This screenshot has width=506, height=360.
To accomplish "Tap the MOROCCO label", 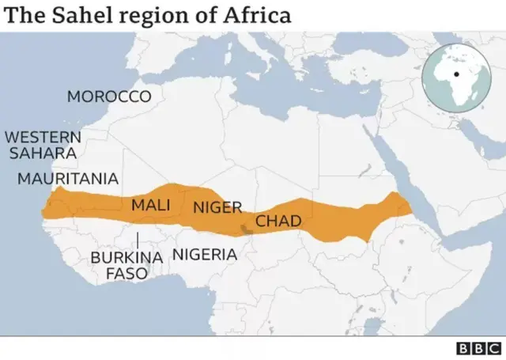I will (108, 97).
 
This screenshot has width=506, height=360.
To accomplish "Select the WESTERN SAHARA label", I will (41, 144).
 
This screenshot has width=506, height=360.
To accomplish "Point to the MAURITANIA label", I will (68, 179).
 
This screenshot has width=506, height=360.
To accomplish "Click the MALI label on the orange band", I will (150, 205).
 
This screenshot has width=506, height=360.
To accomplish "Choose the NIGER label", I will (217, 207).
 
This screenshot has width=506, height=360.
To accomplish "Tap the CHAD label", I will (278, 221).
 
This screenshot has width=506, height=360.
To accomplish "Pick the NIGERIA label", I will (204, 255).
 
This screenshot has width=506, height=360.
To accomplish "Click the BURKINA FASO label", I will (126, 265).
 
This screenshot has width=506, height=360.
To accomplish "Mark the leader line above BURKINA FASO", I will (138, 240).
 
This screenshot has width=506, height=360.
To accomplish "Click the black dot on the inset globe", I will (456, 75).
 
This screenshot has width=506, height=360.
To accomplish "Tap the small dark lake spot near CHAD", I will (246, 229).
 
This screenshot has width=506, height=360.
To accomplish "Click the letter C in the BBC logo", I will (493, 348).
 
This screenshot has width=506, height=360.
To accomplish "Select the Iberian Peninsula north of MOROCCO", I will (119, 51).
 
